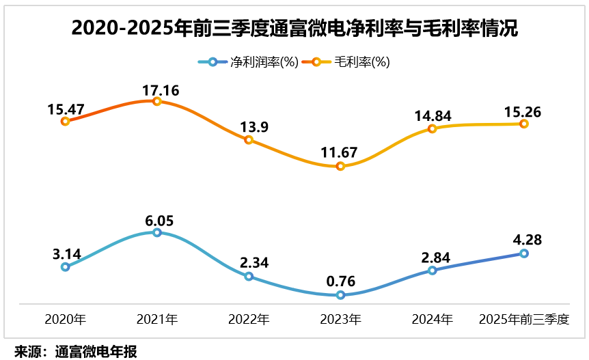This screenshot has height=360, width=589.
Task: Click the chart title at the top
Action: [x=294, y=29]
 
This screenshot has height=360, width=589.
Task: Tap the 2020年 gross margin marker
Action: [x=65, y=121]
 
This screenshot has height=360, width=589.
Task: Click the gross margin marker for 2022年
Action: [x=249, y=139]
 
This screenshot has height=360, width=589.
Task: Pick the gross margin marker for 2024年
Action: [x=432, y=128]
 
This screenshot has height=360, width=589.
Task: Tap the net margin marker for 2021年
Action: [x=156, y=232]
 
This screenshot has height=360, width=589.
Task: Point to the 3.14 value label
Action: [x=66, y=253]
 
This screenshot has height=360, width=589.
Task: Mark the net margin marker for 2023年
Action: [x=340, y=295]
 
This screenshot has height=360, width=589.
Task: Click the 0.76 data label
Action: [x=340, y=281]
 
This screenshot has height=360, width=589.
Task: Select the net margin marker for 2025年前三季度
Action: [x=524, y=253]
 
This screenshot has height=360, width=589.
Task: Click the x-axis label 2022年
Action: [x=249, y=318]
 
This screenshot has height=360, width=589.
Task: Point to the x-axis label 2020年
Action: [x=65, y=318]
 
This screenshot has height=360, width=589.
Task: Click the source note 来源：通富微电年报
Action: [x=76, y=352]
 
